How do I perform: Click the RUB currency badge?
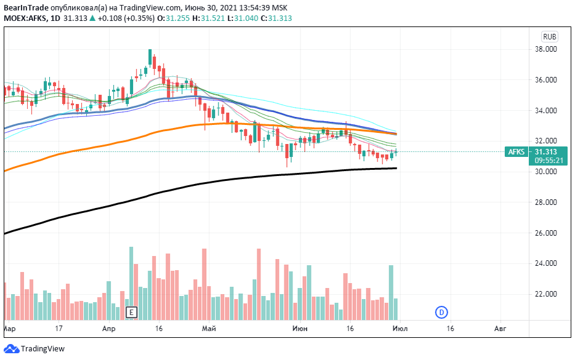(549, 36)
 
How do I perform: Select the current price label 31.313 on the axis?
(547, 152)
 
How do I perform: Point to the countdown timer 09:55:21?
(547, 161)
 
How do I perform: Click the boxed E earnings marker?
(131, 312)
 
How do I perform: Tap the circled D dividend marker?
(441, 312)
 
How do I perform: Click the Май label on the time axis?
(209, 329)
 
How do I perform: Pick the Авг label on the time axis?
(501, 329)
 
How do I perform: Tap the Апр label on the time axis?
(108, 329)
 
